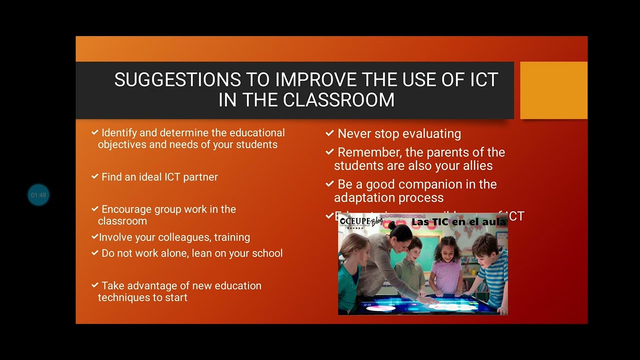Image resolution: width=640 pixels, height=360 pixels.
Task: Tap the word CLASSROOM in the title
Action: (x=338, y=100)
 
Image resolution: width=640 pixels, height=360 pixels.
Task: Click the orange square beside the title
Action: (x=553, y=90)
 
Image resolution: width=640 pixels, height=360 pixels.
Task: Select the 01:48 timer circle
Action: (x=38, y=195)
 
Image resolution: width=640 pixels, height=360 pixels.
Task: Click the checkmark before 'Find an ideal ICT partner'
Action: (x=95, y=176)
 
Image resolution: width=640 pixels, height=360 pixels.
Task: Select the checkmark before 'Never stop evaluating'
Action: (x=329, y=133)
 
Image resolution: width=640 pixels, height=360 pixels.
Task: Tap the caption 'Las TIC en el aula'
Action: (x=458, y=221)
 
